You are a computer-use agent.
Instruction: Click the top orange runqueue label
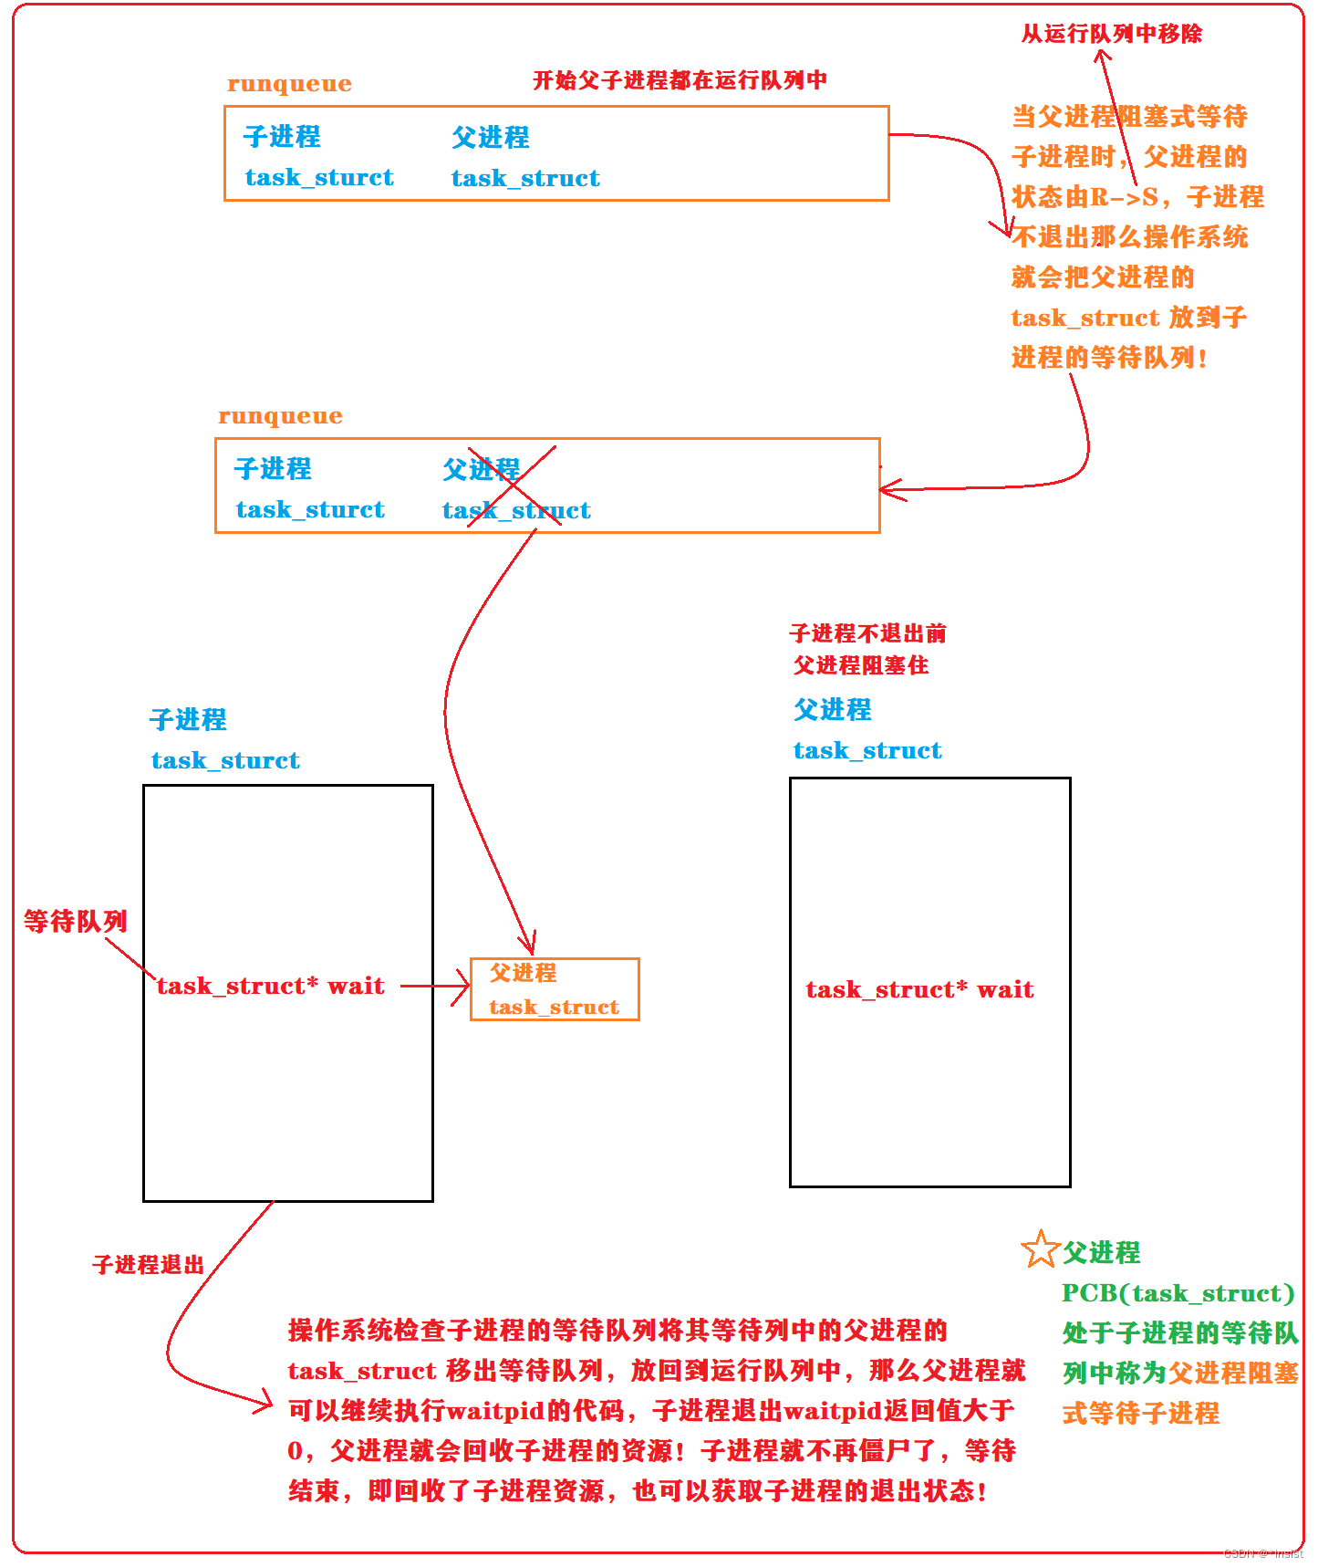pyautogui.click(x=289, y=84)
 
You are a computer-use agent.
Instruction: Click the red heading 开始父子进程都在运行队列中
pyautogui.click(x=680, y=80)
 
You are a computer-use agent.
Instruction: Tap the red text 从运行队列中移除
pyautogui.click(x=1111, y=35)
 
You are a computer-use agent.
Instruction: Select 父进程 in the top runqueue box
pyautogui.click(x=490, y=138)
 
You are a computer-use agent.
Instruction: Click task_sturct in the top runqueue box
pyautogui.click(x=319, y=178)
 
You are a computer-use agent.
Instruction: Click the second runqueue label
pyautogui.click(x=280, y=416)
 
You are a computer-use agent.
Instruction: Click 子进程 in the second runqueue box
pyautogui.click(x=273, y=469)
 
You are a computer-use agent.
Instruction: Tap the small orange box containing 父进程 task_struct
pyautogui.click(x=554, y=989)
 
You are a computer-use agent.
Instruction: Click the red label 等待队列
pyautogui.click(x=75, y=922)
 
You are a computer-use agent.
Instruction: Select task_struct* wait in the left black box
pyautogui.click(x=270, y=987)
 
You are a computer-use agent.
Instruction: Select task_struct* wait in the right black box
pyautogui.click(x=919, y=990)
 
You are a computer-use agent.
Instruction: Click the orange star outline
pyautogui.click(x=1039, y=1249)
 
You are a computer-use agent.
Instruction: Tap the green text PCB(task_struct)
pyautogui.click(x=1178, y=1294)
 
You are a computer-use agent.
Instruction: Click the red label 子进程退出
pyautogui.click(x=148, y=1265)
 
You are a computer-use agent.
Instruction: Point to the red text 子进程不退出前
pyautogui.click(x=867, y=633)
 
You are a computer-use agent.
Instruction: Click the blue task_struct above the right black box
pyautogui.click(x=867, y=751)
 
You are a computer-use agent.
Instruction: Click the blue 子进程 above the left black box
pyautogui.click(x=188, y=720)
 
